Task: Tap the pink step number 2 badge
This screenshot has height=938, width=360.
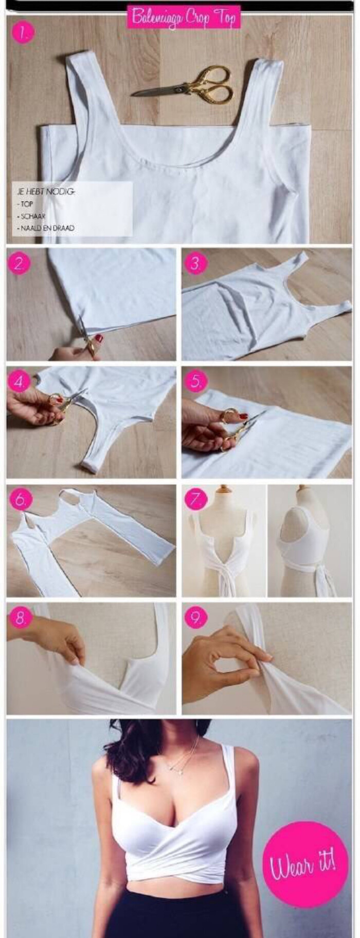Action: click(20, 263)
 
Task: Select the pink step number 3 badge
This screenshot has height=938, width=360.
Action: click(195, 263)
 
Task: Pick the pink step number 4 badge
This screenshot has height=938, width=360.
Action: click(20, 382)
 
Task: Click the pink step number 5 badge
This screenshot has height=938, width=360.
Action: click(195, 382)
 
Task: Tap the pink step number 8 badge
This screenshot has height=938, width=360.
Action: click(20, 618)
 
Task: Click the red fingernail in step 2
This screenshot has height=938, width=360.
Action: click(98, 338)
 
